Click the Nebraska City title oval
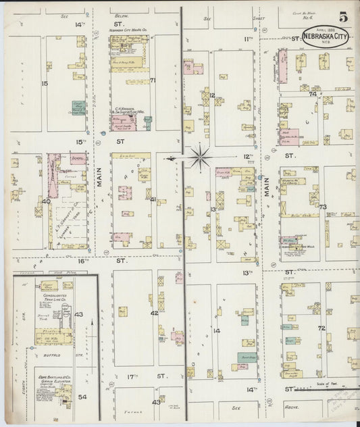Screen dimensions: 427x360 pos(326,36)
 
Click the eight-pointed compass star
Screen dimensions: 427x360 pos(200,158)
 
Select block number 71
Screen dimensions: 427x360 pos(153,80)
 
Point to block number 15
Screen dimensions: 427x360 pos(45,83)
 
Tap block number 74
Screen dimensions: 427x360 pos(312,94)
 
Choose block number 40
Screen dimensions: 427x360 pos(46,201)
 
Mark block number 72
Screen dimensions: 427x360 pos(322,328)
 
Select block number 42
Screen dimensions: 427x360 pos(154,313)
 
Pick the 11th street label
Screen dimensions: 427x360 pos(247,39)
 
